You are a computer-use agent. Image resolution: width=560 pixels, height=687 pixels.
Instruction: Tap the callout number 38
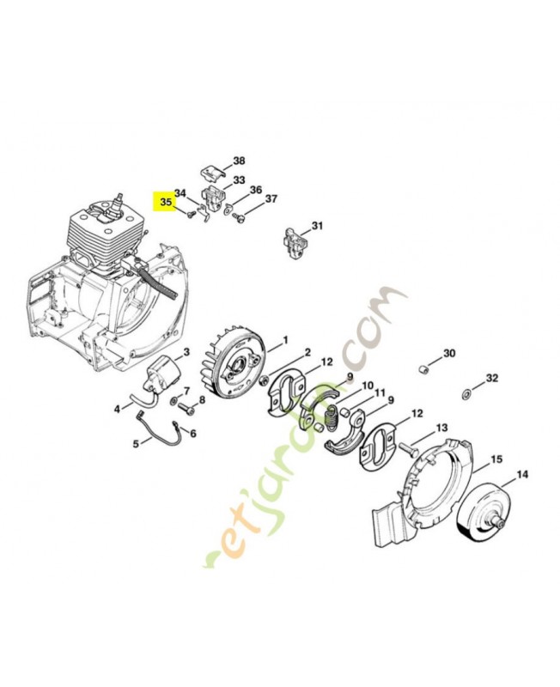click(239, 161)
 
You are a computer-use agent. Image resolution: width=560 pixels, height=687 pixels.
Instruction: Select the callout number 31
click(318, 226)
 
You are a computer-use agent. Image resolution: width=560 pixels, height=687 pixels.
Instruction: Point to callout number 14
click(522, 474)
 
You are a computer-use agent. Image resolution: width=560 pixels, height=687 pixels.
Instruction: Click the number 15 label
click(496, 461)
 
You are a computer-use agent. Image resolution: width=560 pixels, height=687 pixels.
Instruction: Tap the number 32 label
click(491, 379)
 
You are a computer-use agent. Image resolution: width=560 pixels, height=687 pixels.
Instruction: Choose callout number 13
click(441, 428)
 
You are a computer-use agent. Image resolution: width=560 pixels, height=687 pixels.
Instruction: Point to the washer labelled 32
click(465, 393)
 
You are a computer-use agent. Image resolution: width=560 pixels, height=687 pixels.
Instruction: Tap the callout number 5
click(136, 443)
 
